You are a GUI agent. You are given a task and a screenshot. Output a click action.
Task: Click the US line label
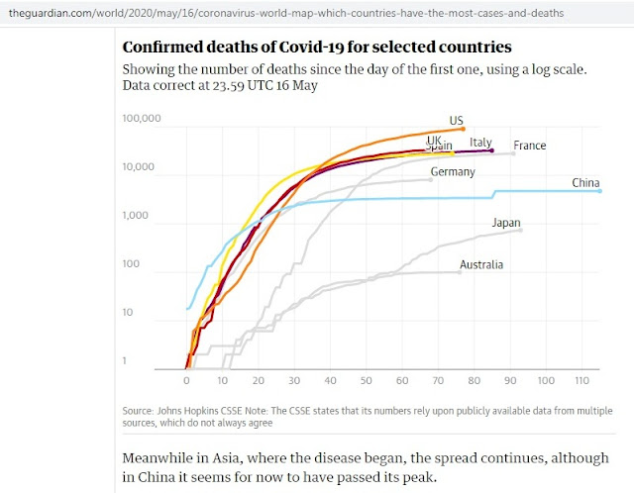tap(457, 122)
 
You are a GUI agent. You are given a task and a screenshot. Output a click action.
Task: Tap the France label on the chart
tap(530, 146)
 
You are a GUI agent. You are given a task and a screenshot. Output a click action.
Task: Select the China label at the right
tap(586, 183)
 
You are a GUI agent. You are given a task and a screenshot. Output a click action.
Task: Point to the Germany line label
tap(453, 172)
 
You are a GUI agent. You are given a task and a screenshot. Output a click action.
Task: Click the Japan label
tap(506, 224)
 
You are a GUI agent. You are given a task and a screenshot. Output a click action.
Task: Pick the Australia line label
tap(481, 265)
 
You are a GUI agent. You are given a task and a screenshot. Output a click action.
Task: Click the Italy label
tap(481, 143)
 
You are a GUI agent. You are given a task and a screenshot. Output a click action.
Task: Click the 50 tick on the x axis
tap(367, 380)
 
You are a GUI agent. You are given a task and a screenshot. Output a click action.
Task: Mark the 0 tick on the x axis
tap(187, 380)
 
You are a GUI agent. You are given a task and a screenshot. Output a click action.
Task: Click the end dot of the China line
tap(600, 190)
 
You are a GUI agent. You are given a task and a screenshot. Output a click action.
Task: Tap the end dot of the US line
tap(463, 130)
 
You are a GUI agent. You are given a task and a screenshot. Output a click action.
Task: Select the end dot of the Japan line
tap(520, 230)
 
